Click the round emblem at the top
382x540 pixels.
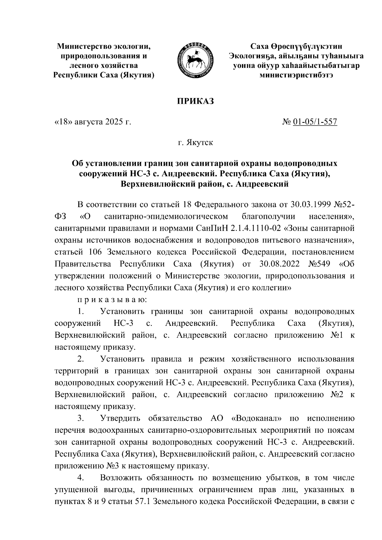[195, 60]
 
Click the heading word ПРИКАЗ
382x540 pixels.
[195, 101]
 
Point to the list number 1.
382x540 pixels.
[80, 312]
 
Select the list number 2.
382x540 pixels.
[80, 359]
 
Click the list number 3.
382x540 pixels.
[80, 419]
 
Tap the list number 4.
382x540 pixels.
[80, 479]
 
